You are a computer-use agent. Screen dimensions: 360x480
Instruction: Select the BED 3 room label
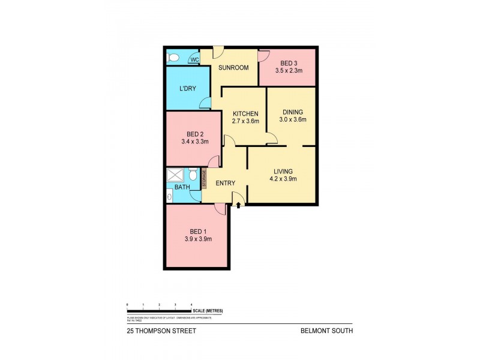(x=288, y=63)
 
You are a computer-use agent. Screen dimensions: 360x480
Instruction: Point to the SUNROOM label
(x=233, y=67)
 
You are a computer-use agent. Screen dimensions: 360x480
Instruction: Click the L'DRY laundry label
(x=188, y=89)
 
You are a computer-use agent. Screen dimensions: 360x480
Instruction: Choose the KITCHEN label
(x=245, y=113)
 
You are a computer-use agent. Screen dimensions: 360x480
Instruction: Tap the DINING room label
(x=291, y=112)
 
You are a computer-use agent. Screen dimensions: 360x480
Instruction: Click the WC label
(x=194, y=59)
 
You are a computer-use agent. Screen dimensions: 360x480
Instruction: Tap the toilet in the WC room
(x=173, y=58)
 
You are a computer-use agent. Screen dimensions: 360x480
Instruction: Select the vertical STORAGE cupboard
(x=204, y=179)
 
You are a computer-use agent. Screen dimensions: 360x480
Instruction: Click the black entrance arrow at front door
(x=239, y=206)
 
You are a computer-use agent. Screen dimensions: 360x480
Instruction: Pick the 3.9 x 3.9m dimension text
(x=197, y=239)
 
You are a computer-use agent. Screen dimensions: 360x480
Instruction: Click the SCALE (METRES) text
(x=208, y=310)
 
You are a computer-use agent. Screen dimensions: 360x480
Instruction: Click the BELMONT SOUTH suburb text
(x=331, y=330)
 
